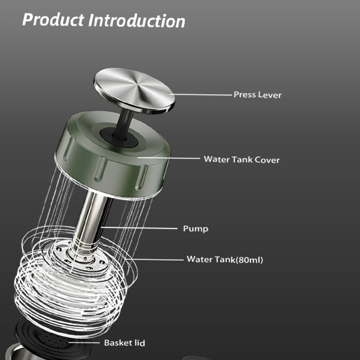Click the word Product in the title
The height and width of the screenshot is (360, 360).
pos(53,20)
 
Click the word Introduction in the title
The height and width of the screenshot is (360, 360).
pos(137,21)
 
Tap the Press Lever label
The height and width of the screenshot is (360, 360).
pos(257,95)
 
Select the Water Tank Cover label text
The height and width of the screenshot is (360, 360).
pos(242,159)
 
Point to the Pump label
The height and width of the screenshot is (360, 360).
pos(195,229)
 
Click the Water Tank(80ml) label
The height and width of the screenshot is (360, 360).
pos(225,260)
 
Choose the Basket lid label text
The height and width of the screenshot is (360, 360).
pos(125,343)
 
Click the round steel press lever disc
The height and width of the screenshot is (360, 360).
pos(134,90)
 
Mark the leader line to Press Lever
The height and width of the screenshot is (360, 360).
pos(201,94)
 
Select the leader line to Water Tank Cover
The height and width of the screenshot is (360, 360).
pos(169,158)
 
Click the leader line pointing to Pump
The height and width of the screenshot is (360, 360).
pos(139,228)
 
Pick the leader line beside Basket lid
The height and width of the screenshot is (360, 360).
pos(84,343)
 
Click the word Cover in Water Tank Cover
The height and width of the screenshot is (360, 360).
pos(267,160)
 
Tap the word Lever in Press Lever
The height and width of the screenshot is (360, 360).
pos(270,95)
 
